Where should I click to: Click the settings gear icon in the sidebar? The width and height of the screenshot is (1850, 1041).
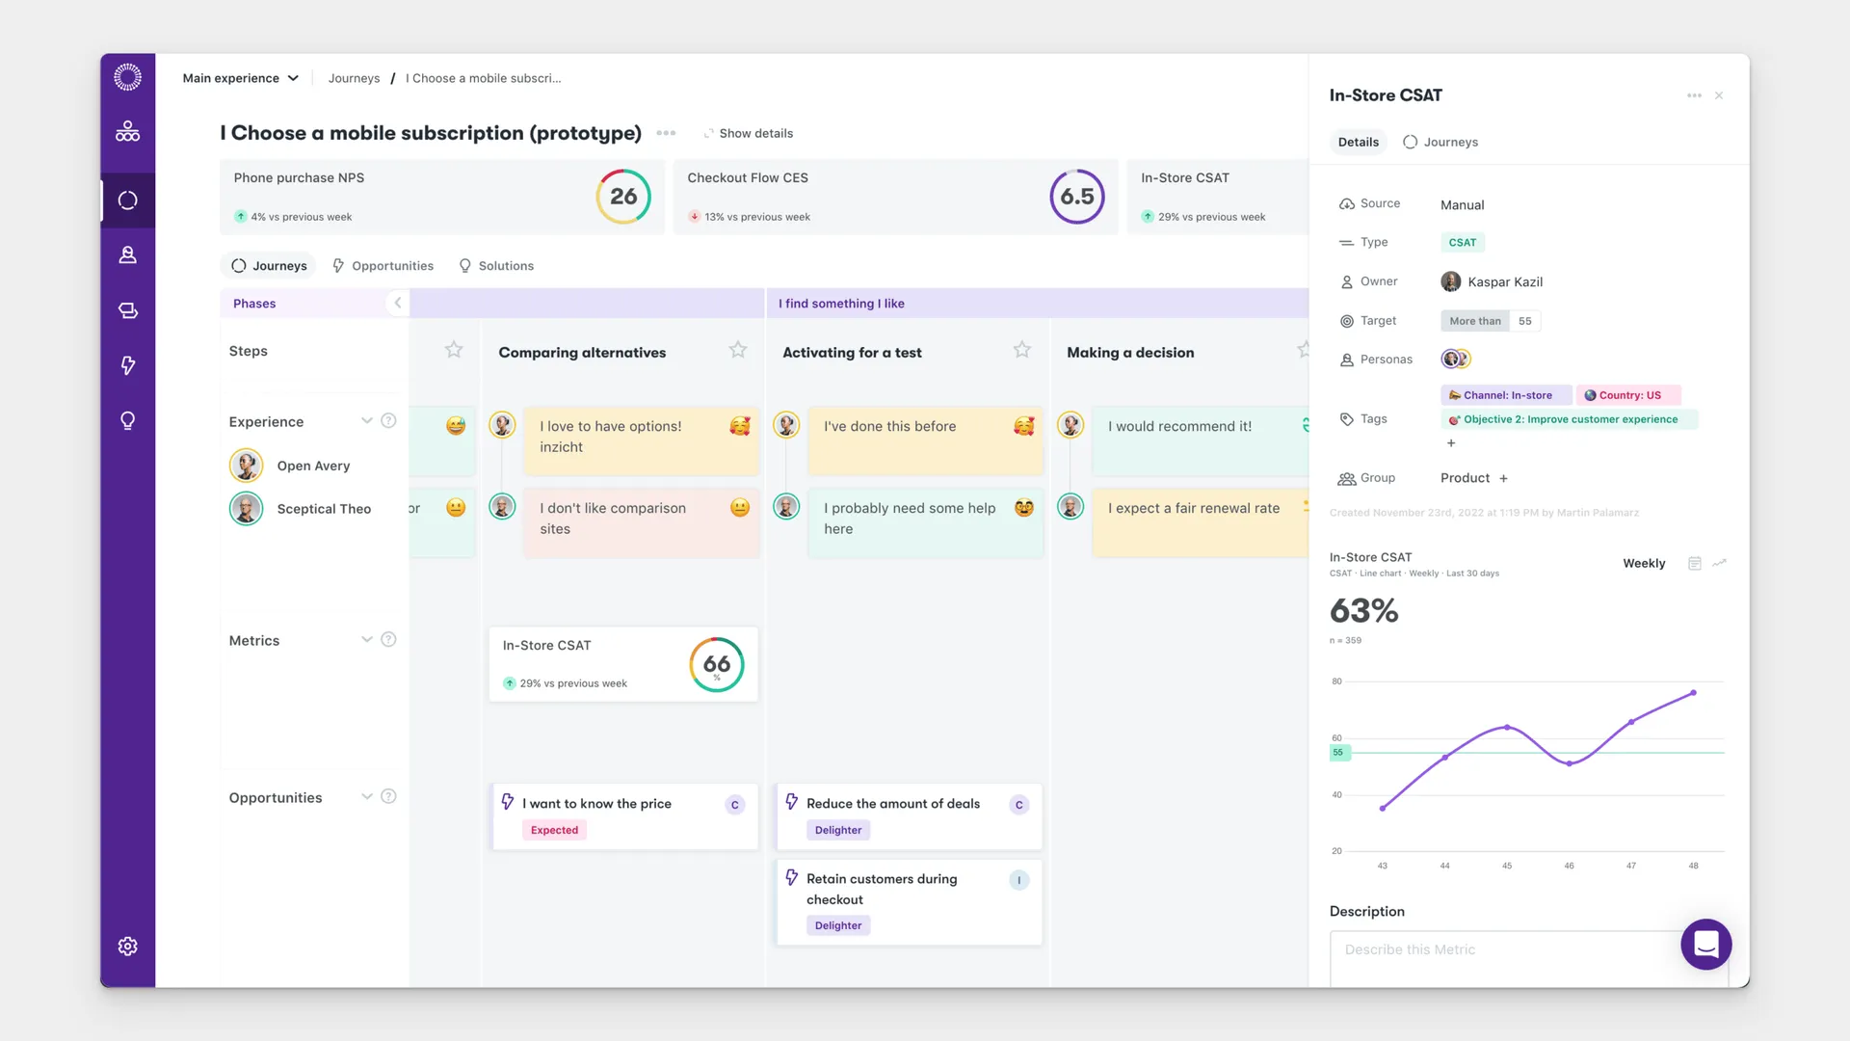(127, 947)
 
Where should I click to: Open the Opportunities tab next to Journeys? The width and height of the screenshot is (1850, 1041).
(383, 266)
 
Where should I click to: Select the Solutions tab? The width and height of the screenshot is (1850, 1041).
(496, 266)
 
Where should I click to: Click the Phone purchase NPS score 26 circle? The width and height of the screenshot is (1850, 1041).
(623, 197)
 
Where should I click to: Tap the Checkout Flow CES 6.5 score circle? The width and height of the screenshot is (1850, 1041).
(1077, 197)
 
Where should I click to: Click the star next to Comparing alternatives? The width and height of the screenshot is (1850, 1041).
(738, 350)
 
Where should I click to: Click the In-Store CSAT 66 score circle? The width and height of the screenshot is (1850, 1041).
(717, 664)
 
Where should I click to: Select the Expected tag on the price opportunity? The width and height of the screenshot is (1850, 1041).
(555, 830)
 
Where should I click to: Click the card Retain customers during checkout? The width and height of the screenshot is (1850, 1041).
(909, 902)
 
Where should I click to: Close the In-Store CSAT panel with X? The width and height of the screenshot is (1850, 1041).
(1719, 95)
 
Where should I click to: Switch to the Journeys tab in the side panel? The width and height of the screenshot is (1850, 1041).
(1440, 142)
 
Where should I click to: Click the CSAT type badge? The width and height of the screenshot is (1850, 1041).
(1463, 243)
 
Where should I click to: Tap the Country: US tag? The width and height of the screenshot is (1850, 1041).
(1628, 395)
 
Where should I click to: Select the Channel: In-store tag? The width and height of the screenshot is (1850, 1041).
(1507, 395)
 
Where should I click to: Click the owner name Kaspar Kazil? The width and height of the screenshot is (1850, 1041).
(1505, 282)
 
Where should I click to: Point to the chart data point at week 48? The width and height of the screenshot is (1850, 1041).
(1694, 693)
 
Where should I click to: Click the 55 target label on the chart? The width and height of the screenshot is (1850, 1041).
(1339, 753)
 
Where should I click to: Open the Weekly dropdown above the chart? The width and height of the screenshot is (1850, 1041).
(1644, 564)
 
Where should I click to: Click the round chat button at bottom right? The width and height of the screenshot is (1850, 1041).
(1706, 945)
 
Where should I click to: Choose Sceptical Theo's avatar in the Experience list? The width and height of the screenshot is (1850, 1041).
(247, 509)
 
